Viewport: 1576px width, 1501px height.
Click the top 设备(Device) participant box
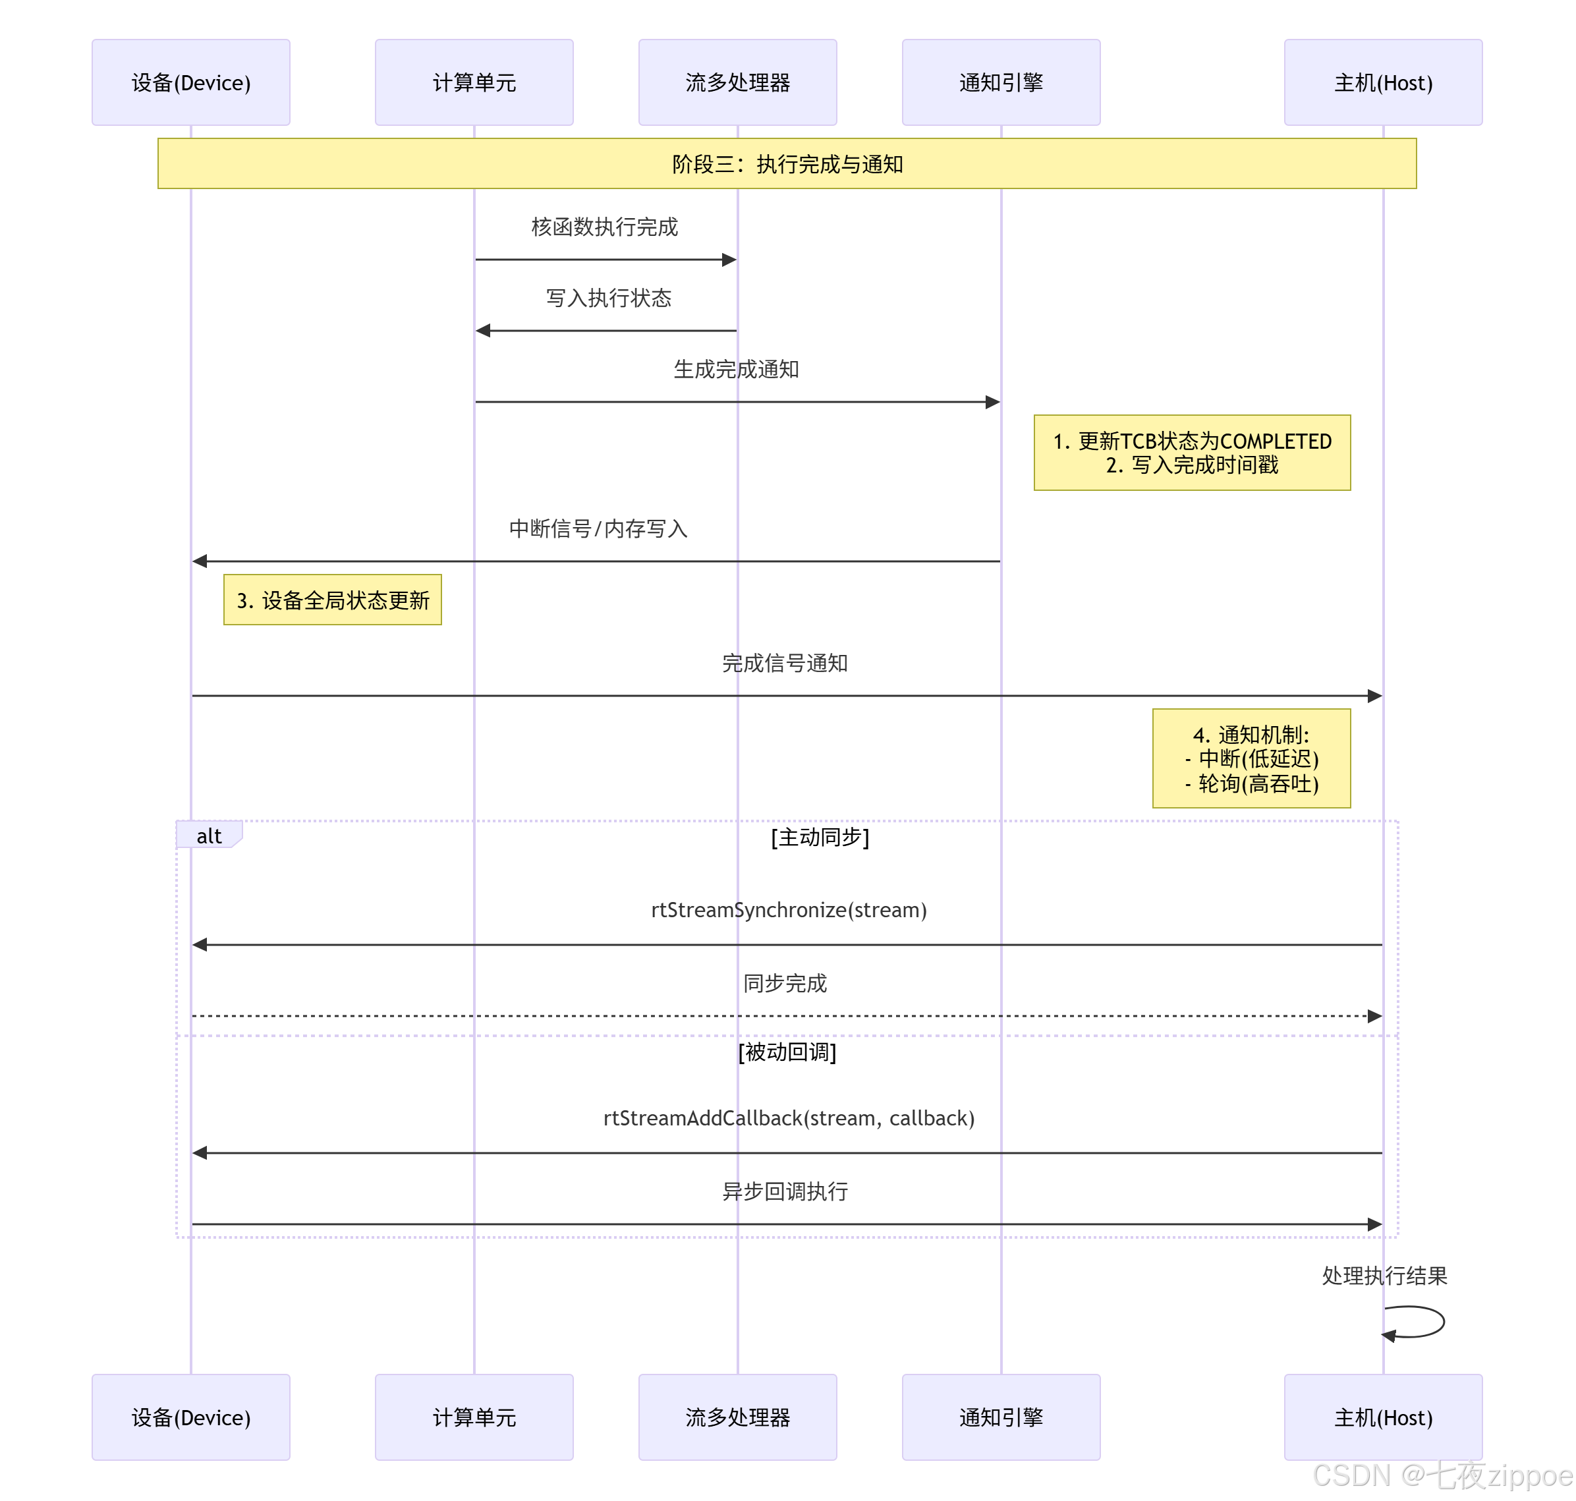(x=190, y=82)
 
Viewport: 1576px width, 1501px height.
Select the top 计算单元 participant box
(x=474, y=82)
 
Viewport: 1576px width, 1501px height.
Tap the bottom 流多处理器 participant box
(x=737, y=1417)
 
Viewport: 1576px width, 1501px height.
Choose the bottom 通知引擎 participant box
(x=1001, y=1417)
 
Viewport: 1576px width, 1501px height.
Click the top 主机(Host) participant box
(x=1382, y=82)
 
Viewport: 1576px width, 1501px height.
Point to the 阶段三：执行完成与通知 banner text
(x=787, y=164)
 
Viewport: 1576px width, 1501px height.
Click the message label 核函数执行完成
(x=604, y=227)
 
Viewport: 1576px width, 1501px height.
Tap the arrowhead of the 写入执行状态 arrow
(x=482, y=331)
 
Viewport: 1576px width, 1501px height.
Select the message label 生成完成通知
(x=736, y=369)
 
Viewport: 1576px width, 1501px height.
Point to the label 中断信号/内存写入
(x=598, y=529)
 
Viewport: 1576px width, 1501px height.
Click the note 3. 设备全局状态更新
(x=332, y=600)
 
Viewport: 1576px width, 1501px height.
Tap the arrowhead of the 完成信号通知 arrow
(x=1374, y=696)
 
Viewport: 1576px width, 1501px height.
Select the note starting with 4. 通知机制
(x=1251, y=758)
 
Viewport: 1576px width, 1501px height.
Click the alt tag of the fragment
(x=209, y=836)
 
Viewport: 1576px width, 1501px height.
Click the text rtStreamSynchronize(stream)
(x=789, y=910)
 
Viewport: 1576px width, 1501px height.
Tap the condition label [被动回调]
(x=787, y=1052)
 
